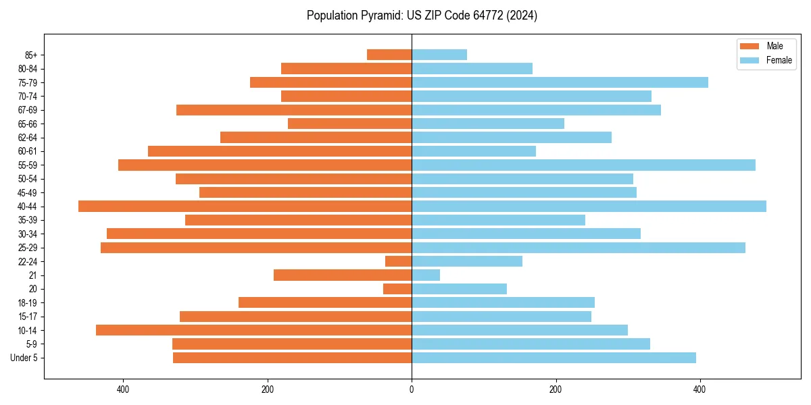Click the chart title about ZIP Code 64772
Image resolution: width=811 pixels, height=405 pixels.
tap(422, 16)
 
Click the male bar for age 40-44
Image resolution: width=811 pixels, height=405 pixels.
tap(245, 207)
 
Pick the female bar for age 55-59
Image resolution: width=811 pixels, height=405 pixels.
tap(583, 165)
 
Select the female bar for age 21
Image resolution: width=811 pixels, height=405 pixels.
tap(426, 275)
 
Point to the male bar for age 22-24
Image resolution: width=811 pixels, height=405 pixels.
tap(399, 261)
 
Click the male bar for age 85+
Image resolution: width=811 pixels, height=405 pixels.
tap(389, 55)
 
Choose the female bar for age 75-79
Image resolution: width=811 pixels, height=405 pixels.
tap(560, 82)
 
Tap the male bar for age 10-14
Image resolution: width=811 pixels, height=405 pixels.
tap(253, 330)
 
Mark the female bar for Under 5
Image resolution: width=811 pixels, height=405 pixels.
tap(554, 358)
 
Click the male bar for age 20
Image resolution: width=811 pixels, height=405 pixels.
tap(397, 289)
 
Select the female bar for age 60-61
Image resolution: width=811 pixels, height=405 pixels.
tap(474, 151)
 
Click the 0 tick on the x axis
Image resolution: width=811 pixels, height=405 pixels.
tap(412, 389)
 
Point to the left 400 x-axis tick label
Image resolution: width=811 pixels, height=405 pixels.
tap(123, 389)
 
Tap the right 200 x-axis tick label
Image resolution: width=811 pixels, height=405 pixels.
tap(556, 389)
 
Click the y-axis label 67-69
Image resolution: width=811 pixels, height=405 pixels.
tap(28, 110)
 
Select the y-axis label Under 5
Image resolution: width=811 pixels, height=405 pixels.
tap(24, 358)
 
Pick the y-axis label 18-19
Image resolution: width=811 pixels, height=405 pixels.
tap(28, 303)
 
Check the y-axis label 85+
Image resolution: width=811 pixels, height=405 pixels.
tap(30, 55)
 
